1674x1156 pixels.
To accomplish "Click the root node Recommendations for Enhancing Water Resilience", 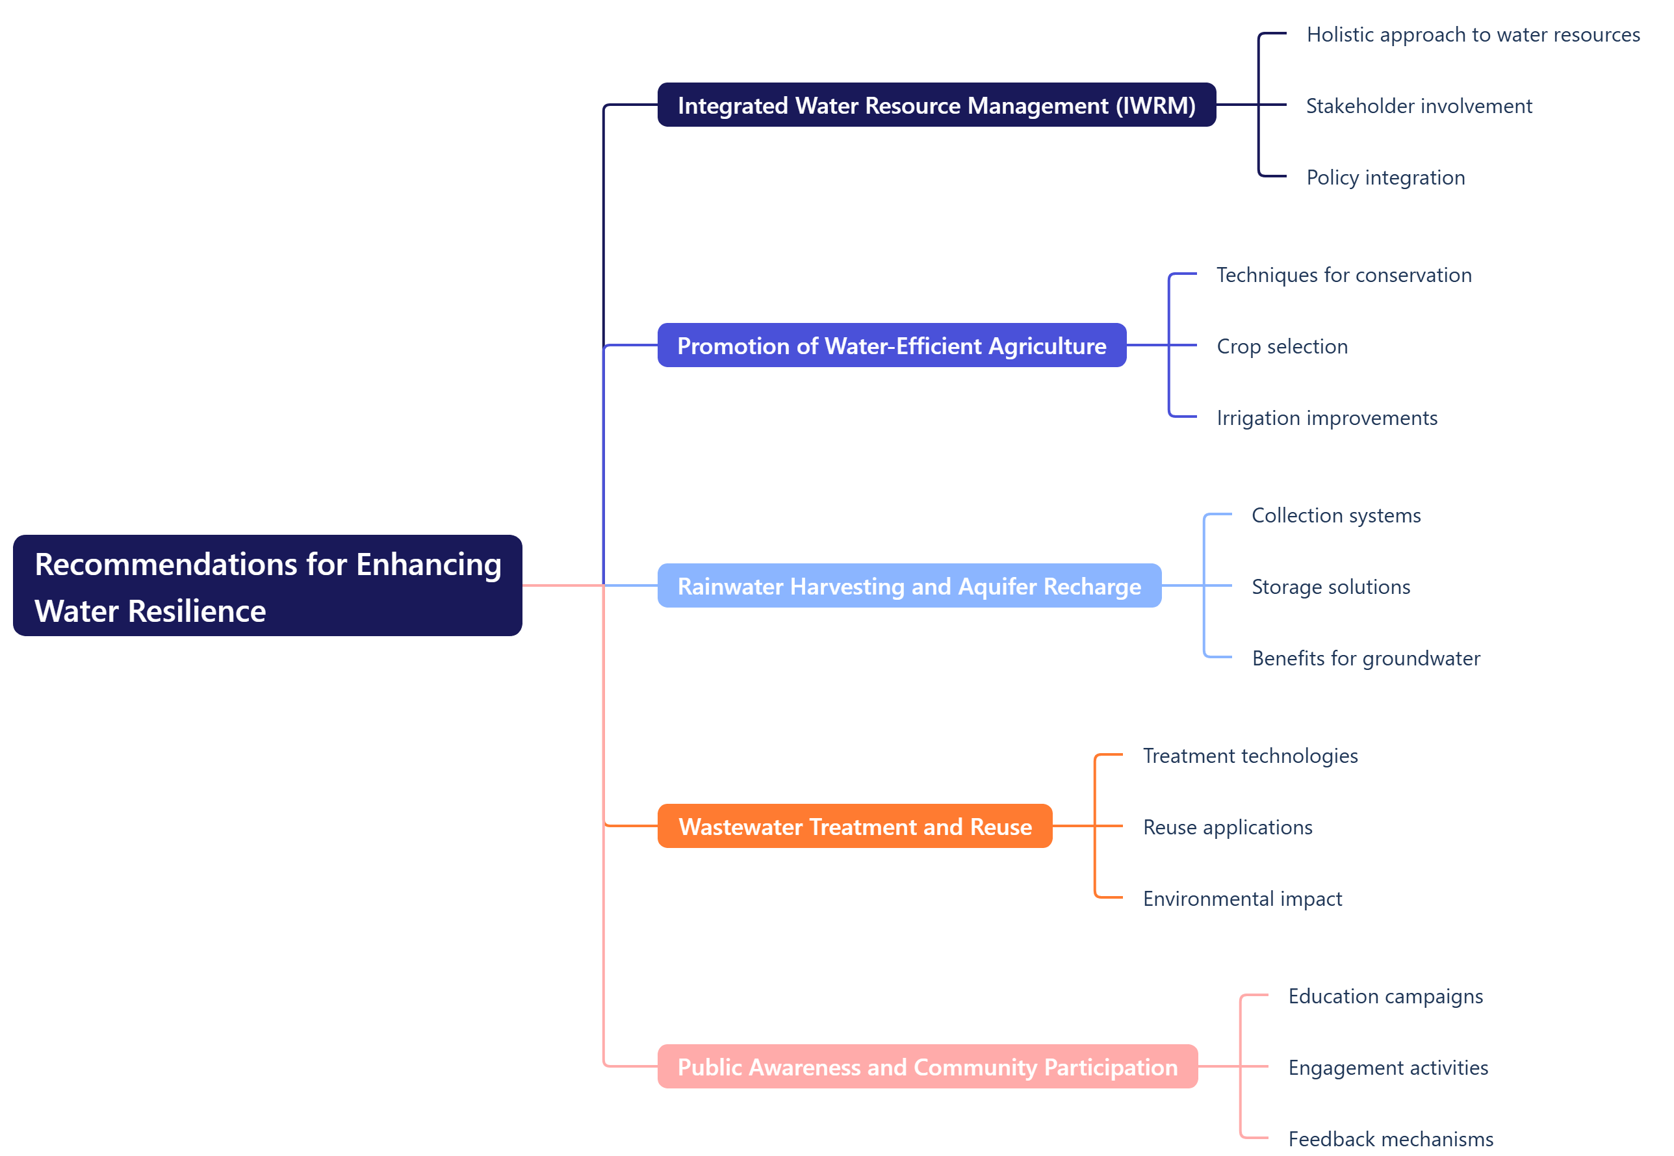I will [267, 585].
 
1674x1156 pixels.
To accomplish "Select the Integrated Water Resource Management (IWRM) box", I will [936, 105].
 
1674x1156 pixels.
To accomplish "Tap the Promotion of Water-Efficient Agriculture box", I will [891, 346].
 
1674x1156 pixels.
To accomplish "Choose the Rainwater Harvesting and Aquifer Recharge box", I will [908, 586].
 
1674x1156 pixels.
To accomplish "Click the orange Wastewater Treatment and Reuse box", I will [854, 827].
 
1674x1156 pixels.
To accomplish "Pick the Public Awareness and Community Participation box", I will [927, 1067].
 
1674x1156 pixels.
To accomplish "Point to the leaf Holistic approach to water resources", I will [1472, 35].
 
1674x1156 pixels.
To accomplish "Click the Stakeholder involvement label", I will [1419, 107].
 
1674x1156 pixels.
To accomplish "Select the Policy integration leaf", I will [1385, 177].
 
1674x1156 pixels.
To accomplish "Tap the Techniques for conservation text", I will [1343, 276].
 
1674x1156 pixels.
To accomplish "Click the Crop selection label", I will [1281, 346].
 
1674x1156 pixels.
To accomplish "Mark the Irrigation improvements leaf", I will [1326, 418].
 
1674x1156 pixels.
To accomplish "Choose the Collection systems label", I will [1335, 516].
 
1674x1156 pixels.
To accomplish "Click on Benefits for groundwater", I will [1365, 658].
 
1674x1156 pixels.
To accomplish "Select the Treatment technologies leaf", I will [1250, 756].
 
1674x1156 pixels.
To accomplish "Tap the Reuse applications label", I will [1227, 827].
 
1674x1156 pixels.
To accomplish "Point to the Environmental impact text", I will [1242, 899].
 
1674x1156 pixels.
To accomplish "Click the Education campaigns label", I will [1385, 997].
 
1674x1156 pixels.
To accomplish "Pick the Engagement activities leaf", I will [1387, 1068].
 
